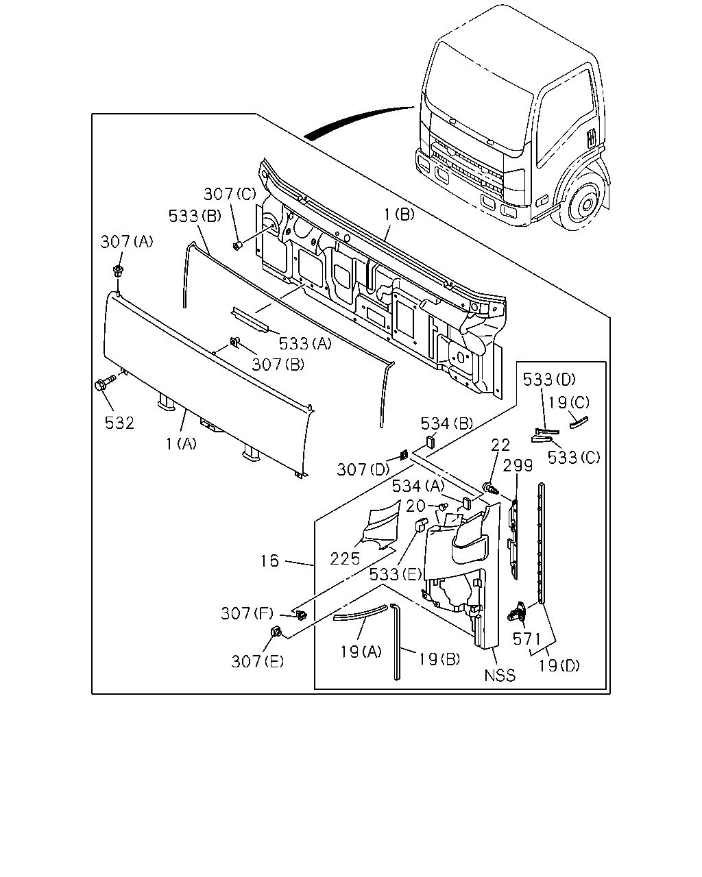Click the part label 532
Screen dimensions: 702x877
point(119,423)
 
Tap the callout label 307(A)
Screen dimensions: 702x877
point(127,242)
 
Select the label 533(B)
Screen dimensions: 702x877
point(195,216)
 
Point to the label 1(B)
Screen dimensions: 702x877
point(400,214)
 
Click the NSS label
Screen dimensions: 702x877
point(500,676)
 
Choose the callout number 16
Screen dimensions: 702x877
point(269,561)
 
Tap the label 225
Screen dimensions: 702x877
point(345,559)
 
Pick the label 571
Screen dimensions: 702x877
point(526,639)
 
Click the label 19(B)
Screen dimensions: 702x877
point(439,659)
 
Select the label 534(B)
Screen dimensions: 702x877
point(447,424)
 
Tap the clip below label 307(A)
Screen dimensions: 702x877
point(118,271)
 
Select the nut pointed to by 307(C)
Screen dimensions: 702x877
point(237,245)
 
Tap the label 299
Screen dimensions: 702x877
point(518,465)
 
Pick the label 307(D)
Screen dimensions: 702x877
point(363,470)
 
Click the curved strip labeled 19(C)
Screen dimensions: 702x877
point(579,422)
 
